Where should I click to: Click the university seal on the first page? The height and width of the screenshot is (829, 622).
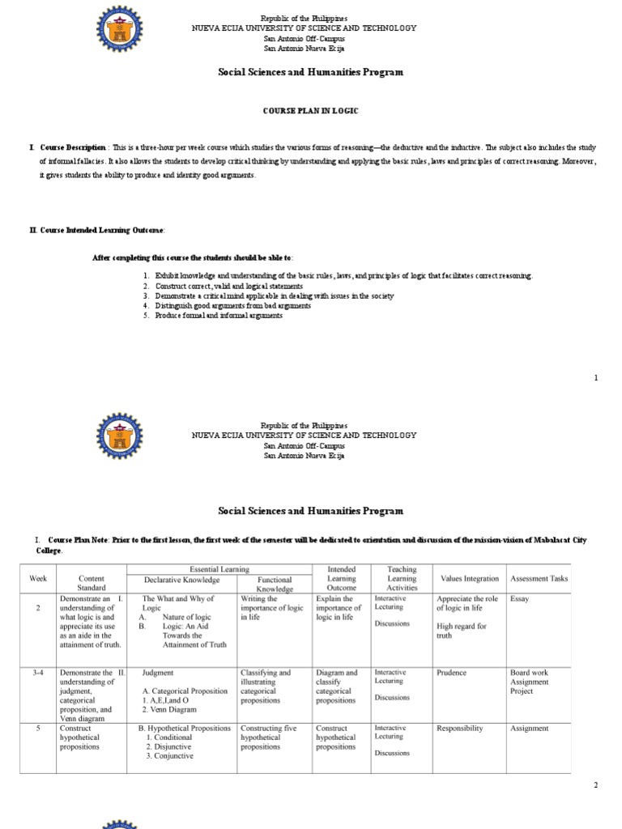pos(121,32)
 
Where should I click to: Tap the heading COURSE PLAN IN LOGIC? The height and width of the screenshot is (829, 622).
pos(310,110)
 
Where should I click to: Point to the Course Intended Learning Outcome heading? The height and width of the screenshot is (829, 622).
pos(100,230)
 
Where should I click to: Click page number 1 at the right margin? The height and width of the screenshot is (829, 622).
pos(596,378)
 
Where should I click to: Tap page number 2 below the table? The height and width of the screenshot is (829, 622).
pos(595,785)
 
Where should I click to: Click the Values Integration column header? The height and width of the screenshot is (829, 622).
pos(470,579)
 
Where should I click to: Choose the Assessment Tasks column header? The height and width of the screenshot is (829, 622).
pos(539,579)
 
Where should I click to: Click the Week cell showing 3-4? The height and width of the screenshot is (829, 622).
pos(38,673)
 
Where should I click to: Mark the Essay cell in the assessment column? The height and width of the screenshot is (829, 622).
pos(519,599)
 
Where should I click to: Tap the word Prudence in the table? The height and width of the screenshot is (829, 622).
pos(451,673)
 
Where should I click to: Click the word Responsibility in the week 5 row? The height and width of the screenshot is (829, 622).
pos(459,729)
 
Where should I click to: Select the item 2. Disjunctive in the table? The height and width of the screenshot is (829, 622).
pos(170,746)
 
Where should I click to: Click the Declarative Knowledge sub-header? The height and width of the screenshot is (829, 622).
pos(181,580)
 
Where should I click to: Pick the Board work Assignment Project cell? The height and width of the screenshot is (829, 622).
pos(529,682)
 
